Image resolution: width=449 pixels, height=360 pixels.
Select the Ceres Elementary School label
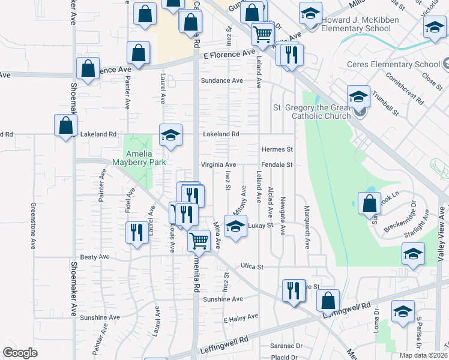coord(394,65)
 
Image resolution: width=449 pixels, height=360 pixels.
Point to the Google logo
coord(20,353)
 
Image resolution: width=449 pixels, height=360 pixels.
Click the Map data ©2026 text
coord(424,355)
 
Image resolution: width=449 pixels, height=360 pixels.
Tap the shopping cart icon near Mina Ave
coord(199,241)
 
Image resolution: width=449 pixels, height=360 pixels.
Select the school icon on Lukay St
coord(235,226)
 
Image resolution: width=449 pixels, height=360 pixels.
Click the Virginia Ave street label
coord(218,164)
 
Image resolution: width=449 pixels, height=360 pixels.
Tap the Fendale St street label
coord(277,164)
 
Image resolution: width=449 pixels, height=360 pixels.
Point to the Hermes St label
coord(277,149)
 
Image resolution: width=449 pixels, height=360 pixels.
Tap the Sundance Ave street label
coord(222,80)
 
